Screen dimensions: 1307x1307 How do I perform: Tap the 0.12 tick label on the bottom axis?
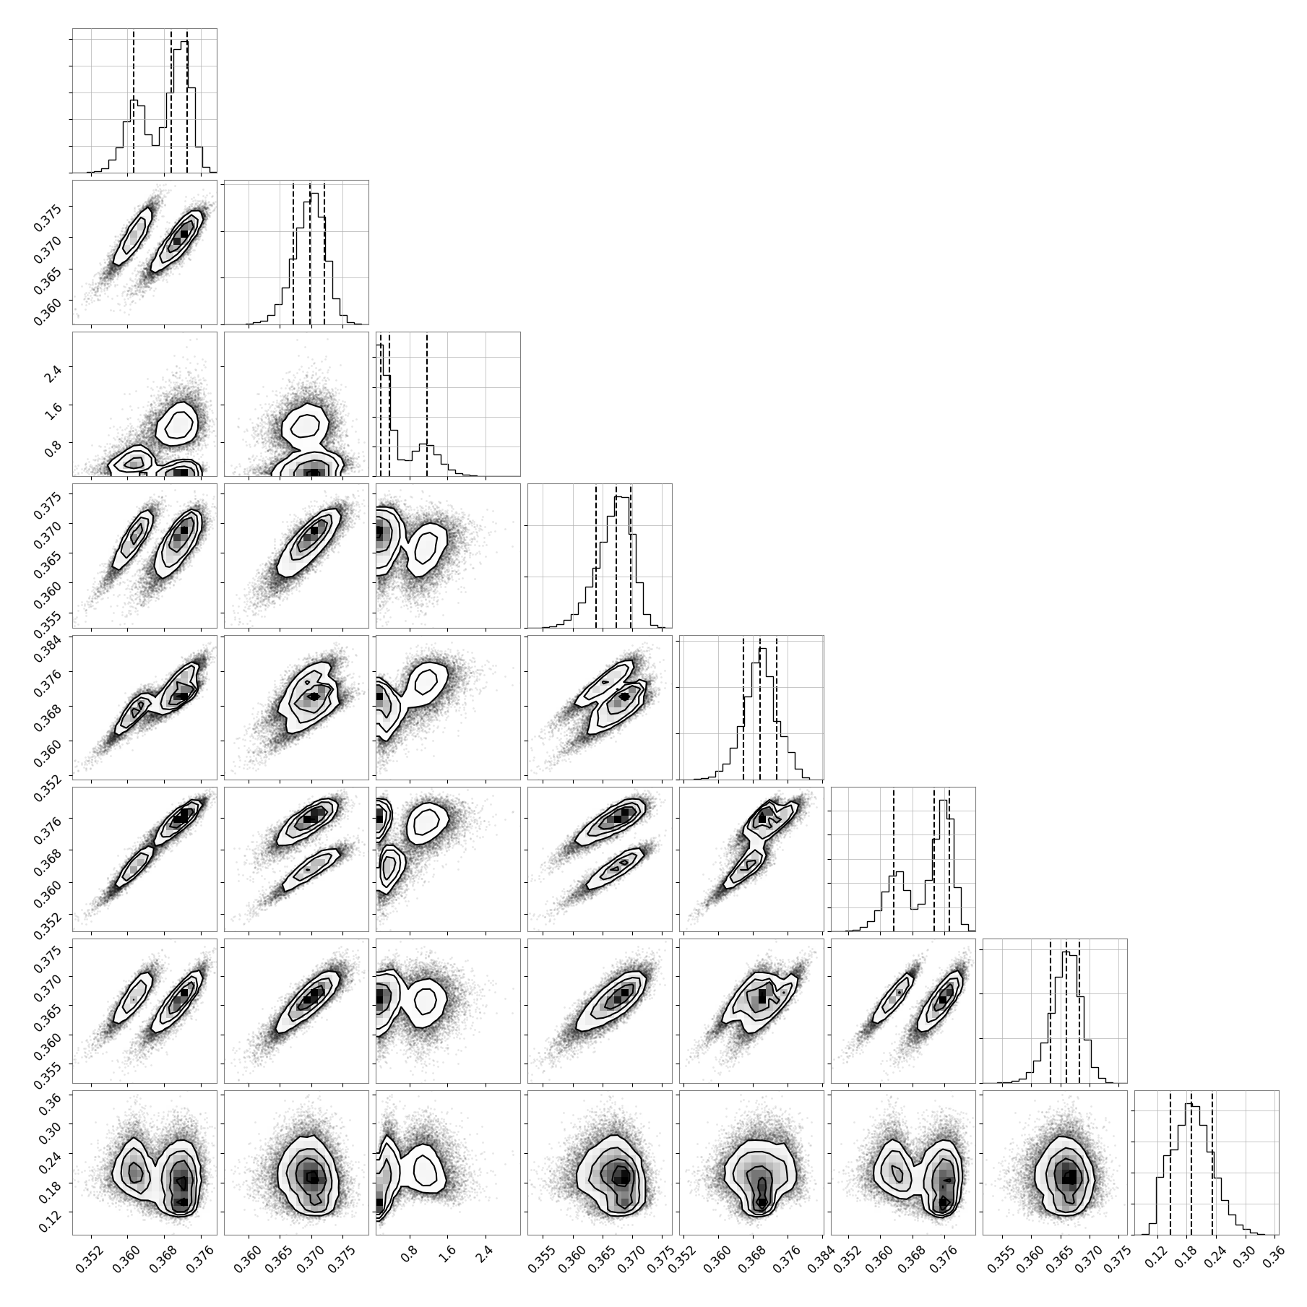coord(1159,1254)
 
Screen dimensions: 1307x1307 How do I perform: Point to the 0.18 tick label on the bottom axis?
coord(1187,1254)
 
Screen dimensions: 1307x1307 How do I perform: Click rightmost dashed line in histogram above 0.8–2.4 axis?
coord(427,404)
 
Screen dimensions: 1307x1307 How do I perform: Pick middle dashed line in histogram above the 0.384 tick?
coord(760,707)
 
